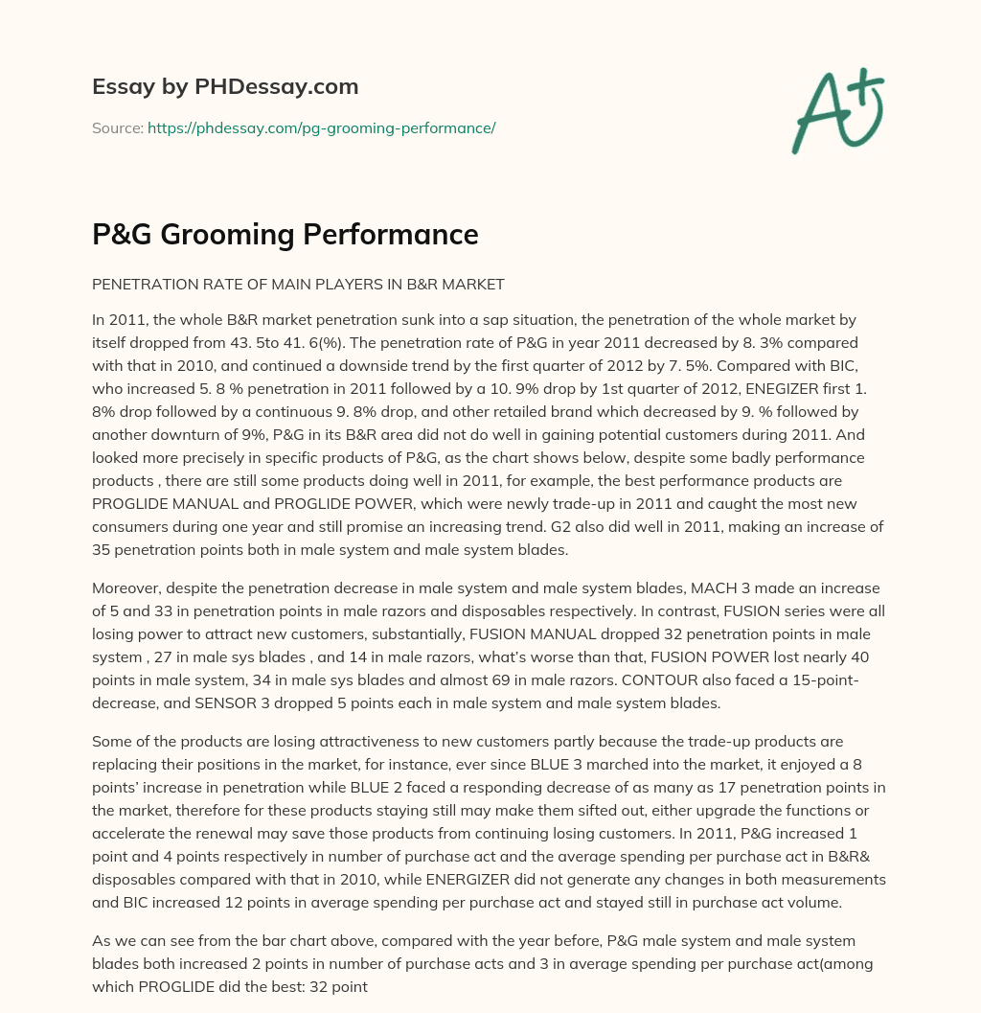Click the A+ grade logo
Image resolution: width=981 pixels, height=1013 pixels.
(x=836, y=111)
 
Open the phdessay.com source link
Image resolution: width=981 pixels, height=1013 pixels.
(x=321, y=127)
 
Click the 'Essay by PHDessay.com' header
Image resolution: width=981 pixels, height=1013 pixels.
(x=225, y=87)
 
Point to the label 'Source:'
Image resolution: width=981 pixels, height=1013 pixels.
(x=117, y=127)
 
